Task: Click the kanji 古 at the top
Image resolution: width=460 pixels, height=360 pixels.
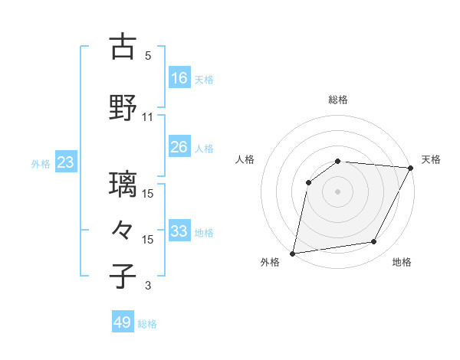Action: coord(123,47)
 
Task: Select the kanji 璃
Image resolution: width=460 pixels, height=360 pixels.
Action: coord(123,185)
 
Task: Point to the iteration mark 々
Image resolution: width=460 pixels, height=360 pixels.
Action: coord(123,230)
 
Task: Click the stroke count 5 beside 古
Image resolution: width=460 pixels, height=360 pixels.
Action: coord(148,56)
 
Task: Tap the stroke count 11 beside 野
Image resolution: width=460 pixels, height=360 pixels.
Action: coord(148,117)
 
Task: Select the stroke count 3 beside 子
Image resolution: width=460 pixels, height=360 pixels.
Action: coord(148,286)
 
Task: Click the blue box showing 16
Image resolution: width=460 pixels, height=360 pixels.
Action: coord(179,78)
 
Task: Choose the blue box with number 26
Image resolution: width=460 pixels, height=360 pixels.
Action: coord(179,147)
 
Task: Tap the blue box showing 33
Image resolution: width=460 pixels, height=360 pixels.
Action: coord(179,231)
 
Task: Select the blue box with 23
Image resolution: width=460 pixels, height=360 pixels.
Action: coord(65,162)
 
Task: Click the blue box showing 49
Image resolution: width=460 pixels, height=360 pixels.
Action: coord(123,322)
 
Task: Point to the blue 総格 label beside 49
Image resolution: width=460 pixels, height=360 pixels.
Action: coord(147,324)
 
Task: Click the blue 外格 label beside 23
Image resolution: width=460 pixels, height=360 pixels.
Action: coord(41,163)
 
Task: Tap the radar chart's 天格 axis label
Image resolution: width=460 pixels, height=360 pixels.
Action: coord(431,159)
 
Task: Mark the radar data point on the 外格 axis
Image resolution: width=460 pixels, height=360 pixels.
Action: coord(293,253)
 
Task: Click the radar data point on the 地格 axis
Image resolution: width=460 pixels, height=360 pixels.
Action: coord(374,242)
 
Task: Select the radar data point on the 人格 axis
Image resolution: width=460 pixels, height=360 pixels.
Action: coord(309,182)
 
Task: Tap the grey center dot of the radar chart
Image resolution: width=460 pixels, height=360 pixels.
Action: coord(337,191)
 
